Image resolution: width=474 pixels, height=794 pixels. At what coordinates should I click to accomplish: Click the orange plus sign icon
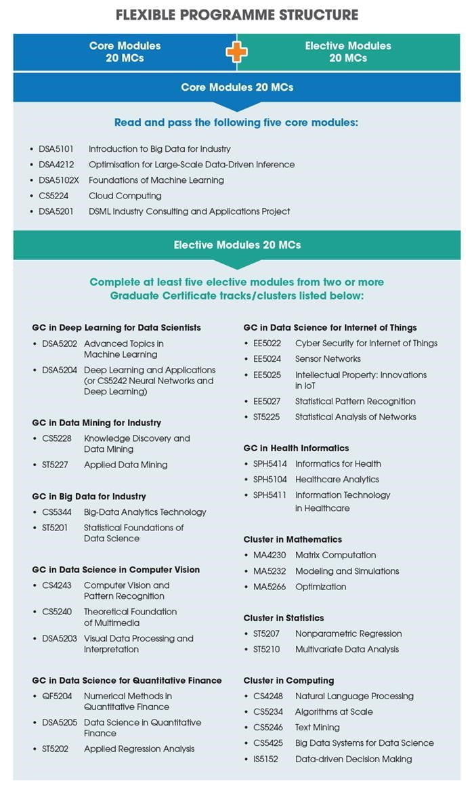236,52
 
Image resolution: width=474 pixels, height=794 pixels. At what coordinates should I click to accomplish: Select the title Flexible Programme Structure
236,14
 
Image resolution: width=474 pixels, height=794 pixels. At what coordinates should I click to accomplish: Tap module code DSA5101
56,149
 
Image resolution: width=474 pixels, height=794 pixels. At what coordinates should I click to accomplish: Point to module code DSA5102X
59,180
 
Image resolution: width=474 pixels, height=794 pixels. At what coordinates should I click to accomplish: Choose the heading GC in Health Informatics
296,448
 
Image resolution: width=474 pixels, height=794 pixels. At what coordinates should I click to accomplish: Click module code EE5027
267,401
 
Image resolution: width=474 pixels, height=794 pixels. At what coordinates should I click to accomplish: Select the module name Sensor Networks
328,359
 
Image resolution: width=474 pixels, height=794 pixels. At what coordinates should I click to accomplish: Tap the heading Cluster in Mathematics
293,539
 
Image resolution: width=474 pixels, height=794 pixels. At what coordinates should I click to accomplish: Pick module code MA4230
268,555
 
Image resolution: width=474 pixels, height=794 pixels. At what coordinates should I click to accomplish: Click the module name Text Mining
318,728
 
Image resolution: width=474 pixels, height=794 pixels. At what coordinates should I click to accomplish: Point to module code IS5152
267,759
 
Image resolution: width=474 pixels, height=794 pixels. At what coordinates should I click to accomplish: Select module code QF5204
56,696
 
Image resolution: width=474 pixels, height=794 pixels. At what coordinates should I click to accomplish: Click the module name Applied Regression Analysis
139,749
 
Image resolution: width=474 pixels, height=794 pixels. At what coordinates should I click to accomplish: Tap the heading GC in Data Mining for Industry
96,423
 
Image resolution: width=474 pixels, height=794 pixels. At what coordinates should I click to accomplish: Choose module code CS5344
56,512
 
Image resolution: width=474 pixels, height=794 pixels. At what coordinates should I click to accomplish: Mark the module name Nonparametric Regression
348,633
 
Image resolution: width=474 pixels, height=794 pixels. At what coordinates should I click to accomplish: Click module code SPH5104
270,479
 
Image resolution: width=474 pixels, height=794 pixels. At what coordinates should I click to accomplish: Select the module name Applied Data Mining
125,465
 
